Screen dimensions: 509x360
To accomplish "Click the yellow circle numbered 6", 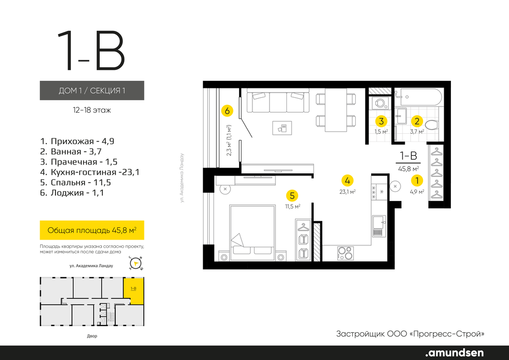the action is pyautogui.click(x=227, y=111).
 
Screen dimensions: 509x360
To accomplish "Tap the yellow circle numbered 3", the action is pyautogui.click(x=381, y=121).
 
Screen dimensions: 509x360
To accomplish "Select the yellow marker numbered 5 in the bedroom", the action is pyautogui.click(x=292, y=196).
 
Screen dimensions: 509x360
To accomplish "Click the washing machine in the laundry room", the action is pyautogui.click(x=379, y=103).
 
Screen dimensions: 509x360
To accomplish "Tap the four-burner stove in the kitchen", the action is pyautogui.click(x=345, y=253).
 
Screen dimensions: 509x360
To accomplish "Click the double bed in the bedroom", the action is pyautogui.click(x=252, y=232).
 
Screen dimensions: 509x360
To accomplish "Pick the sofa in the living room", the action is pyautogui.click(x=278, y=101).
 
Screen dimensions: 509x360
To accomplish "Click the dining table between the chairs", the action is pyautogui.click(x=336, y=110).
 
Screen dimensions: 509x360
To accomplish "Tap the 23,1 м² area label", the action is pyautogui.click(x=348, y=192).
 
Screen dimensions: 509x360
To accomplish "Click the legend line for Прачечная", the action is pyautogui.click(x=79, y=161).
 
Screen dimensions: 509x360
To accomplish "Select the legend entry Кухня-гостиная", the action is pyautogui.click(x=90, y=172).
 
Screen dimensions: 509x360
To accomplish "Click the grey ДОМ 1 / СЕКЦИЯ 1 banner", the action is pyautogui.click(x=92, y=90).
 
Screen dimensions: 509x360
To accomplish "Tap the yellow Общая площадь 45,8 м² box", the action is pyautogui.click(x=92, y=230).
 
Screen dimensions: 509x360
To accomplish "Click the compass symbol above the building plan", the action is pyautogui.click(x=136, y=263).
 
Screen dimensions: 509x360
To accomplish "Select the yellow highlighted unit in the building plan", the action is pyautogui.click(x=133, y=291).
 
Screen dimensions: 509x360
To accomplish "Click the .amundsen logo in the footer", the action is pyautogui.click(x=455, y=352).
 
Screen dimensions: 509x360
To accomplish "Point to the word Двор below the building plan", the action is pyautogui.click(x=92, y=336).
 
